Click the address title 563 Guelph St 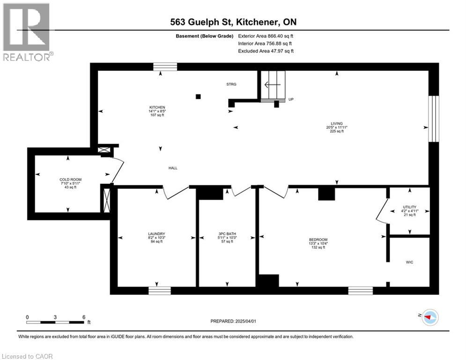pyautogui.click(x=233, y=22)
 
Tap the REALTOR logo pyautogui.click(x=27, y=32)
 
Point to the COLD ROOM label pyautogui.click(x=68, y=180)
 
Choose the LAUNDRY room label pyautogui.click(x=156, y=233)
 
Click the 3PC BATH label pyautogui.click(x=227, y=233)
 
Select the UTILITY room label pyautogui.click(x=410, y=207)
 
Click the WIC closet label pyautogui.click(x=409, y=262)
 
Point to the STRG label pyautogui.click(x=231, y=84)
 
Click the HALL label pyautogui.click(x=173, y=168)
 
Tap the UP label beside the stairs pyautogui.click(x=291, y=99)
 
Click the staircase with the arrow pyautogui.click(x=273, y=85)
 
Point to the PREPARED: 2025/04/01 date pyautogui.click(x=233, y=321)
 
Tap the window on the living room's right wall pyautogui.click(x=434, y=119)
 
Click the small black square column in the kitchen pyautogui.click(x=199, y=97)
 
